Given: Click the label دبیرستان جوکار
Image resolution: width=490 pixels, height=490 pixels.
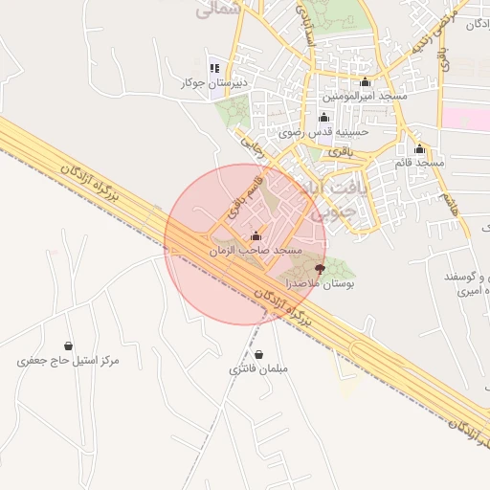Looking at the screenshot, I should pyautogui.click(x=214, y=83).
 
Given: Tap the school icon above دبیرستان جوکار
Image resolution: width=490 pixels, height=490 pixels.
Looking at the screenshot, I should pyautogui.click(x=214, y=68).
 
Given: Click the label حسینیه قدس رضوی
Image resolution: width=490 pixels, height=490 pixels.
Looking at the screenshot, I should pyautogui.click(x=323, y=133).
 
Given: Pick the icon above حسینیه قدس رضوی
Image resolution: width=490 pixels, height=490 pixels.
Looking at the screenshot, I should pyautogui.click(x=323, y=118).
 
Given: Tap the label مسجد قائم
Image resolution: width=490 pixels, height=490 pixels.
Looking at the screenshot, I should pyautogui.click(x=419, y=164).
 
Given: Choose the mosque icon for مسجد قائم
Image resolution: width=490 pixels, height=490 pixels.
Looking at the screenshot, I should pyautogui.click(x=419, y=148).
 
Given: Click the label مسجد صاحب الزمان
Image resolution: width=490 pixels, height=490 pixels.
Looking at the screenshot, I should pyautogui.click(x=255, y=251).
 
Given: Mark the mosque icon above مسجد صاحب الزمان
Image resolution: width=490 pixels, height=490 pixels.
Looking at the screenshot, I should pyautogui.click(x=255, y=235).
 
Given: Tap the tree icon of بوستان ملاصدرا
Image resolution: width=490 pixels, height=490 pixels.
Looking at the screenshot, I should pyautogui.click(x=320, y=269).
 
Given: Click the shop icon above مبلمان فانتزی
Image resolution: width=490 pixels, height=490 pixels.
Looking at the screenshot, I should pyautogui.click(x=259, y=355).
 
